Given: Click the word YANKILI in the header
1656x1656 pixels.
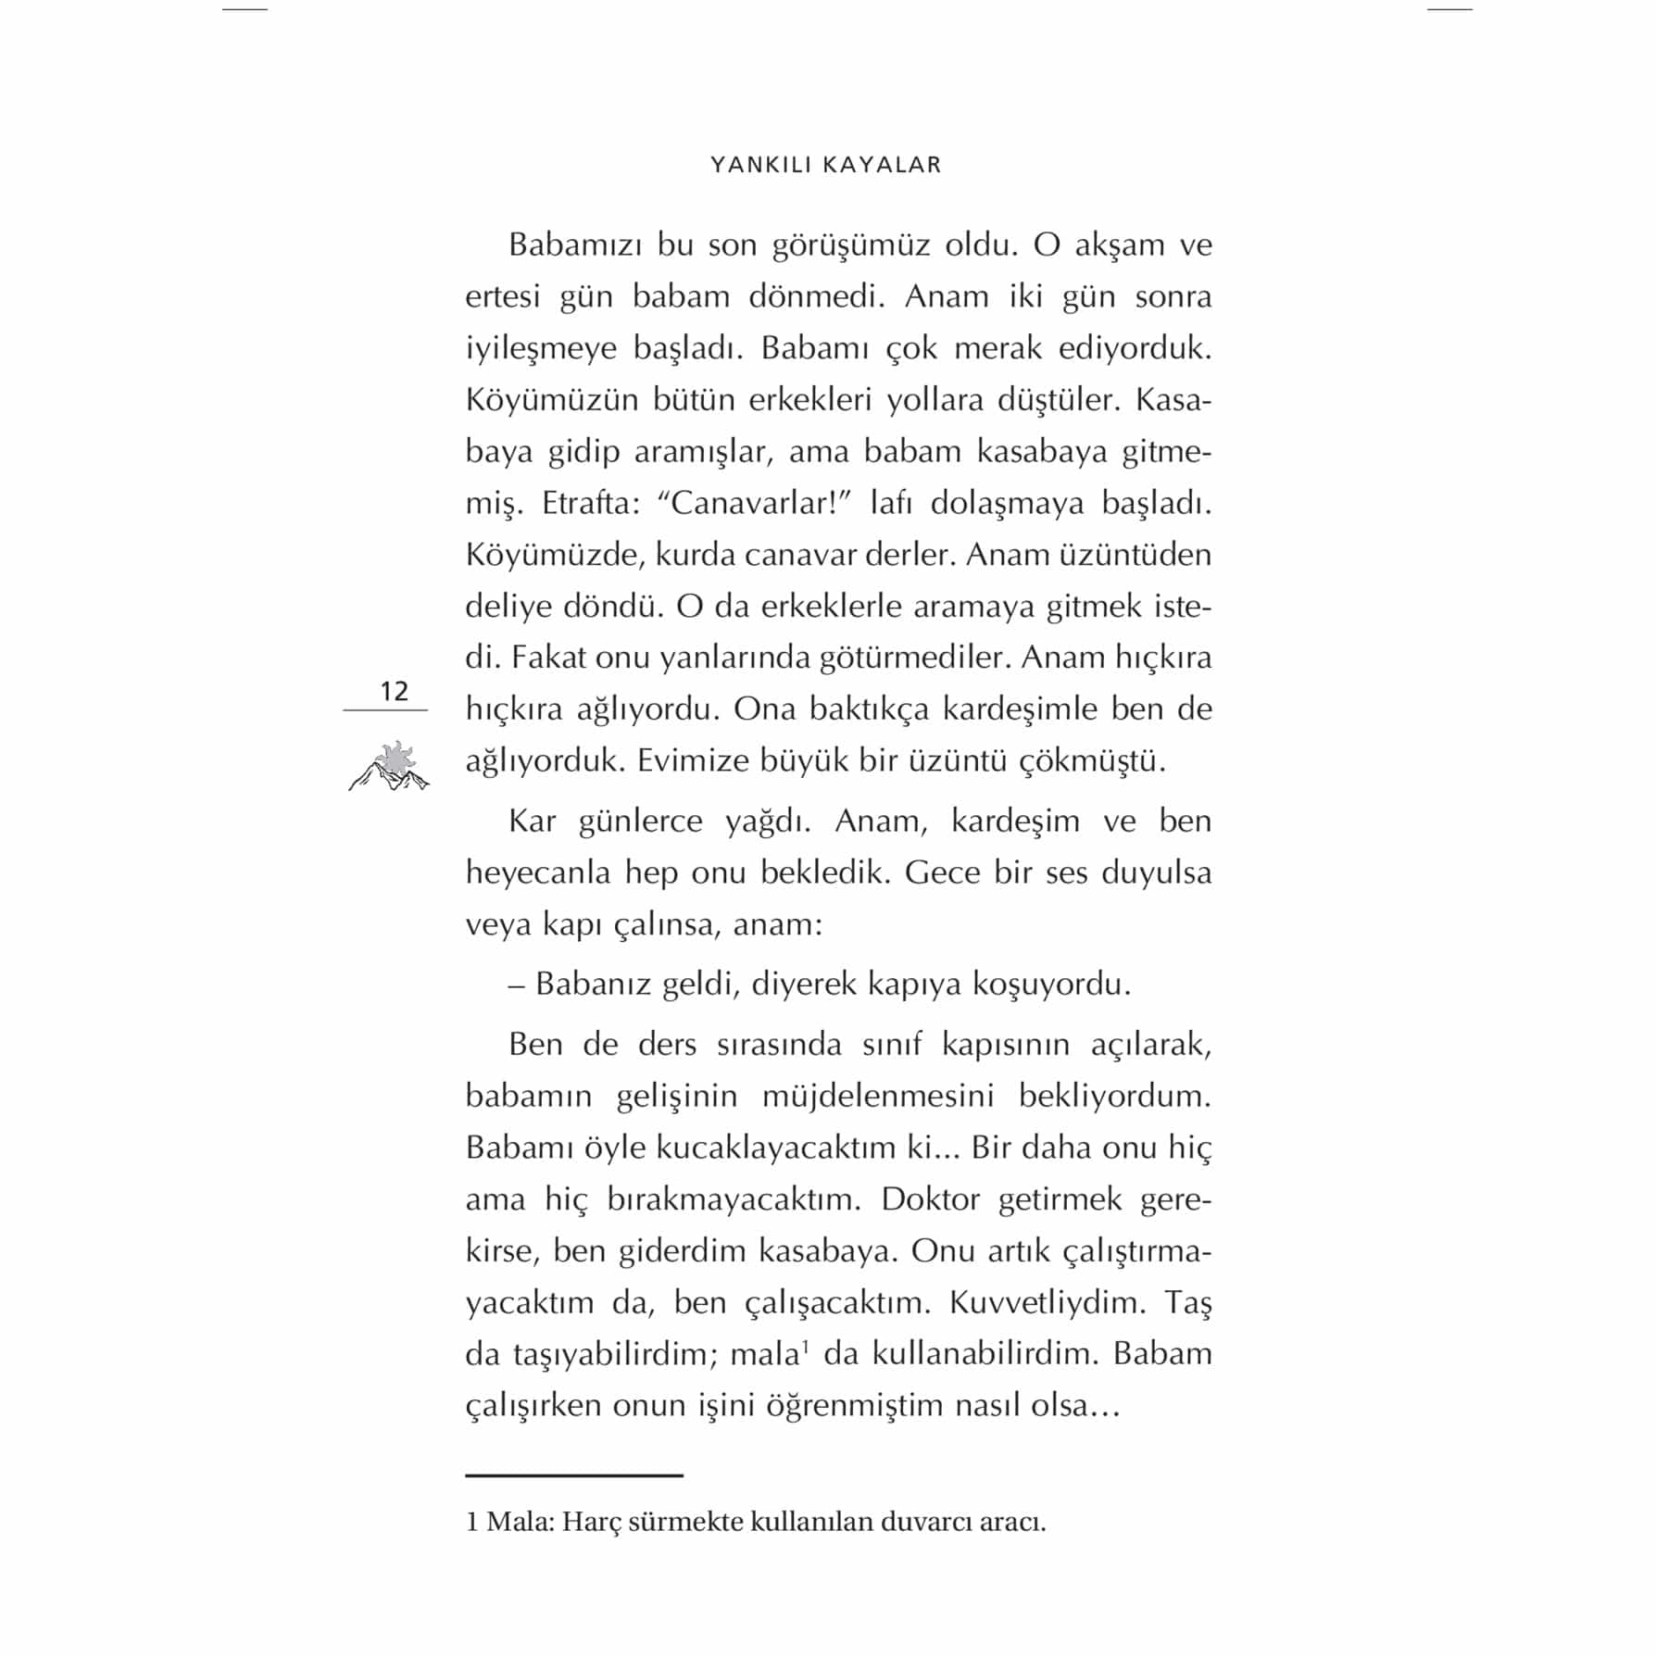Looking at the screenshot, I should click(x=761, y=165).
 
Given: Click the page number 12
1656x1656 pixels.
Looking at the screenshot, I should click(x=394, y=691).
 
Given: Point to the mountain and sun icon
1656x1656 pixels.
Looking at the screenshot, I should click(x=389, y=767).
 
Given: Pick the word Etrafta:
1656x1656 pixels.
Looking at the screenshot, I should click(x=592, y=503).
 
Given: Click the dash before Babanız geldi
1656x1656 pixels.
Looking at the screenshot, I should click(x=517, y=984).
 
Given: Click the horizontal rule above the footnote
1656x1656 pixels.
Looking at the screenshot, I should click(x=573, y=1475).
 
